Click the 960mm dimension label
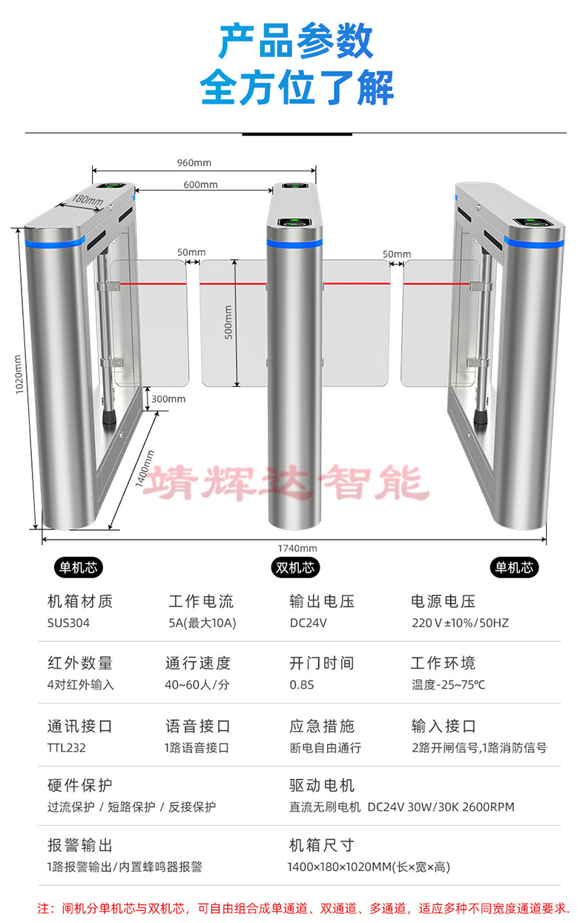(194, 163)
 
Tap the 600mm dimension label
(200, 185)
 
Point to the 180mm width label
(88, 200)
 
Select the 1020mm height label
(19, 374)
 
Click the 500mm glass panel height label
(228, 322)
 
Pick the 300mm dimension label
(168, 399)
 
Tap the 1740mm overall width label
(297, 548)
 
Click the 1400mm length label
(145, 469)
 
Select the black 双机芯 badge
(295, 567)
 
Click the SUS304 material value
(68, 623)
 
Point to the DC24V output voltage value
(308, 623)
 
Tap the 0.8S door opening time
(302, 684)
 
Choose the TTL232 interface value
(67, 747)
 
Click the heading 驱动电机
(322, 785)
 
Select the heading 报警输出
(80, 844)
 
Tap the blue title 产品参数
(296, 42)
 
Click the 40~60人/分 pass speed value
(197, 684)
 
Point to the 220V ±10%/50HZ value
(460, 623)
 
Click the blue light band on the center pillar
(294, 243)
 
